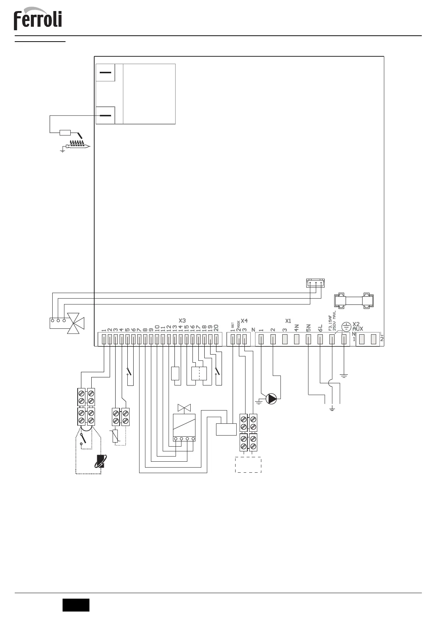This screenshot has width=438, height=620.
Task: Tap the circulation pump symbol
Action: (271, 399)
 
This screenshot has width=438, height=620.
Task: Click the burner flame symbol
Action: (78, 145)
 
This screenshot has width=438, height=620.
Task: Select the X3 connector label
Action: (182, 321)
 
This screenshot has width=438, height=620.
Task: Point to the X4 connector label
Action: (244, 321)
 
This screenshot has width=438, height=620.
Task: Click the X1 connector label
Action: (288, 321)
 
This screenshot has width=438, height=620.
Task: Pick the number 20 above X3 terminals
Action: (216, 327)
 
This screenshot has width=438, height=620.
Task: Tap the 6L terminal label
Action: (320, 327)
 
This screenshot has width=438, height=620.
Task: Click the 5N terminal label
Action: (308, 327)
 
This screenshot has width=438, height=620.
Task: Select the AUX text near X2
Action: (358, 328)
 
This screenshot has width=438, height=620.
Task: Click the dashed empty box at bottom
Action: (248, 465)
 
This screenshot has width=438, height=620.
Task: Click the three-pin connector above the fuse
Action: (315, 283)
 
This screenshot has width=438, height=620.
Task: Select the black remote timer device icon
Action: (100, 461)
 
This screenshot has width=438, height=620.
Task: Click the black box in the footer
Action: (76, 605)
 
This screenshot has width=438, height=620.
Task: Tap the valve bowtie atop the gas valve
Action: (183, 408)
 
